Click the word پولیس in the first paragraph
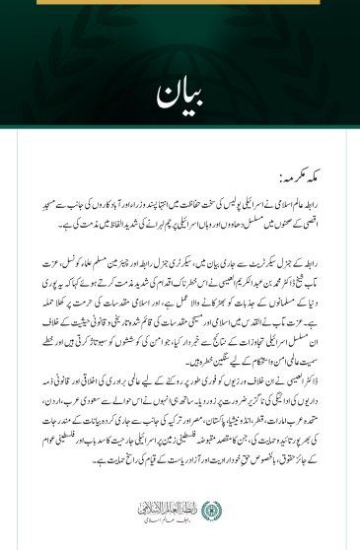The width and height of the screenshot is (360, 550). coord(228,199)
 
